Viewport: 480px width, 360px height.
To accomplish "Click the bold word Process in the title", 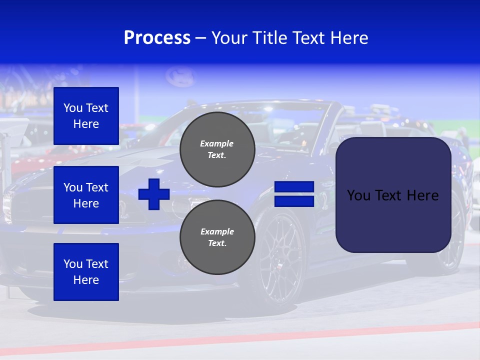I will pos(157,38).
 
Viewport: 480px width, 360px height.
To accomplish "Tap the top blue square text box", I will pos(86,116).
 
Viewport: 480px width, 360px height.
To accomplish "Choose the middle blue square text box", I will pos(86,195).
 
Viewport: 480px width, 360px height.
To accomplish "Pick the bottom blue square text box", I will pos(86,271).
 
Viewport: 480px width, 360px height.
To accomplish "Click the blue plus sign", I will pos(154,194).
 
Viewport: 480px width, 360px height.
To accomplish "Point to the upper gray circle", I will pos(217,149).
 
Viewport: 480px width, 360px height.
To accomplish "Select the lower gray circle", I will pos(217,237).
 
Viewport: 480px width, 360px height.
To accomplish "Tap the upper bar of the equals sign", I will pos(294,187).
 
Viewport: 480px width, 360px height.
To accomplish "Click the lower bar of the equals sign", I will pos(294,201).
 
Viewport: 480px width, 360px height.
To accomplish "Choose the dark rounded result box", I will pos(393,220).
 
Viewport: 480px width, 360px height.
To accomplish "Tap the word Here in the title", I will pos(349,38).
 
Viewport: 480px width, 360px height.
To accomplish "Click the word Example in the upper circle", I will pos(217,143).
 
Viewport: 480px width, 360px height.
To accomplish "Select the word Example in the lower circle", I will pos(217,231).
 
